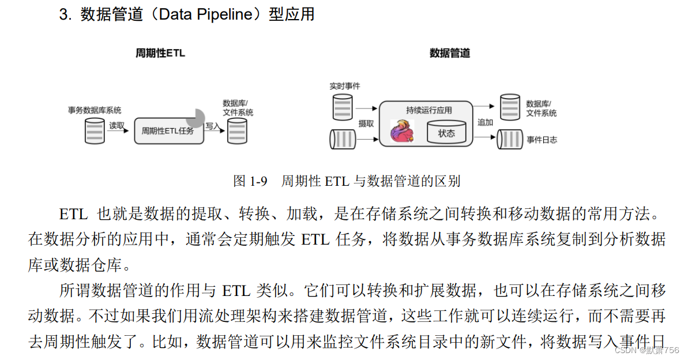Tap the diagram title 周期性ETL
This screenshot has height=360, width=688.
160,53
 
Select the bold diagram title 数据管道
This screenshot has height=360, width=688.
450,53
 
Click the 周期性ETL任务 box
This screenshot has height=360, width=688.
169,130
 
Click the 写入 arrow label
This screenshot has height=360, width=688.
213,125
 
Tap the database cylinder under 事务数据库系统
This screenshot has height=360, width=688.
94,130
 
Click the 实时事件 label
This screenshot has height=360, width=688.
344,85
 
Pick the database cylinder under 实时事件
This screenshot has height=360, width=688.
343,108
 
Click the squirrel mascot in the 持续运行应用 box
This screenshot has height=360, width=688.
402,132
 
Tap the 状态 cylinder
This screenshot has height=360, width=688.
446,133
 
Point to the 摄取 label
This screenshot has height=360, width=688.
366,123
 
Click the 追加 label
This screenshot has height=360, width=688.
485,122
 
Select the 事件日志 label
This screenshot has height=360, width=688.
542,140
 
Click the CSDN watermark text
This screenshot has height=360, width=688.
646,350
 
